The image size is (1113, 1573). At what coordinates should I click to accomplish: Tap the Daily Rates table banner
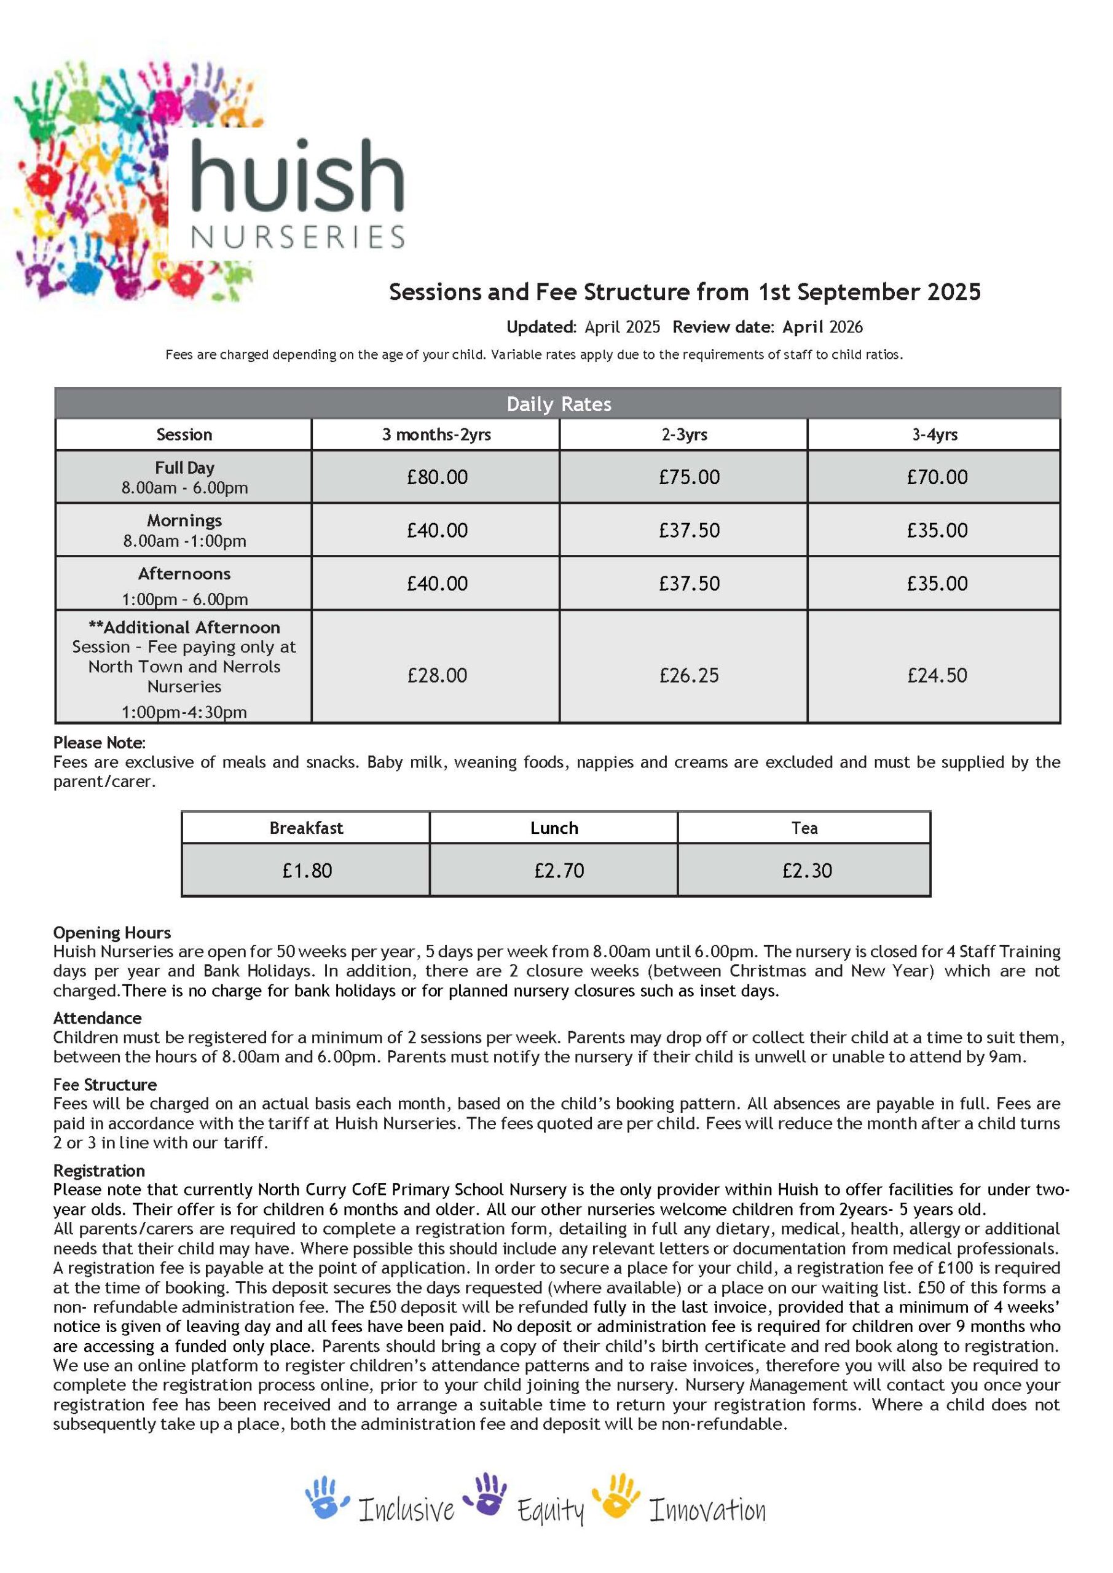click(x=558, y=404)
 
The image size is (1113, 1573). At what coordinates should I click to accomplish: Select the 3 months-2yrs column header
click(x=436, y=434)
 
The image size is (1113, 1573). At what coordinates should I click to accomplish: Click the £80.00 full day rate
click(x=436, y=477)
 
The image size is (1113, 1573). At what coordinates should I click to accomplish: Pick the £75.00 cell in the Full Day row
click(x=689, y=477)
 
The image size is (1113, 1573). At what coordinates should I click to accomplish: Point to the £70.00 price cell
click(x=937, y=477)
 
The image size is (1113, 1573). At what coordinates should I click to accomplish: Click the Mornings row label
click(x=184, y=520)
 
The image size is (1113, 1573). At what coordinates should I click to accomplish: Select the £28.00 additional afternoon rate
click(x=436, y=675)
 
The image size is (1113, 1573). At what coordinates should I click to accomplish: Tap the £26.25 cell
click(x=689, y=675)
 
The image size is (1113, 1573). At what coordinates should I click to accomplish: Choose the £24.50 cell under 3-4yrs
click(x=937, y=675)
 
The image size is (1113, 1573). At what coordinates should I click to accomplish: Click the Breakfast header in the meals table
click(x=305, y=828)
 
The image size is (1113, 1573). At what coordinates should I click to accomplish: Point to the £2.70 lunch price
click(x=559, y=870)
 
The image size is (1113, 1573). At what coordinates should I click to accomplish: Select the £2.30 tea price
click(x=807, y=870)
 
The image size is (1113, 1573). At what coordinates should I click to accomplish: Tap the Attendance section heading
click(x=97, y=1018)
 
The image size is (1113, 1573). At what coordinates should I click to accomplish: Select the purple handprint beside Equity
click(x=486, y=1495)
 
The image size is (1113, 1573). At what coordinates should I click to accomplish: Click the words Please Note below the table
click(x=99, y=743)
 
